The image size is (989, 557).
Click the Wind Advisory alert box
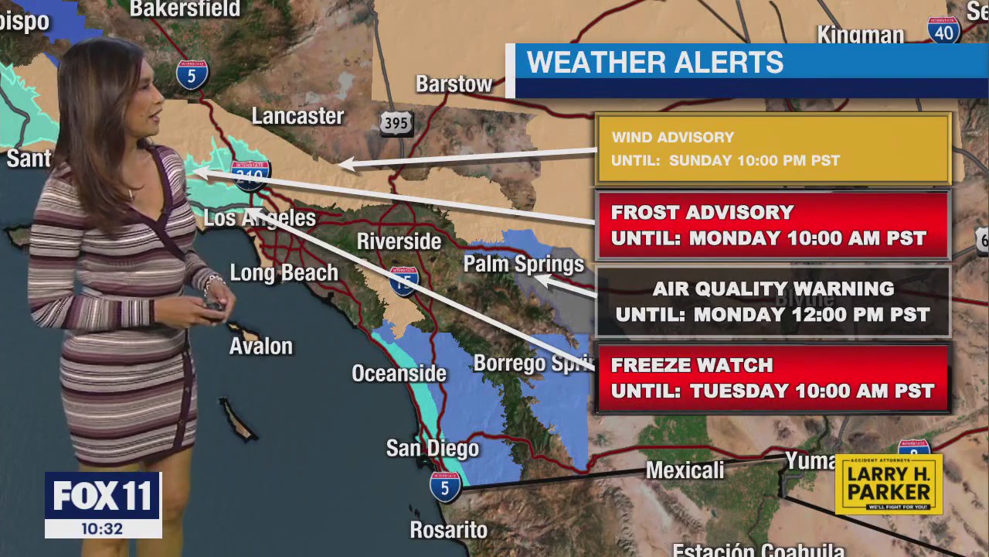click(x=773, y=149)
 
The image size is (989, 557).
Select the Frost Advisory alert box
click(x=773, y=225)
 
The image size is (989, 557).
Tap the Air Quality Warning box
click(x=773, y=302)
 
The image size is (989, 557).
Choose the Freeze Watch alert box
click(x=773, y=378)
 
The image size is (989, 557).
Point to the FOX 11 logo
click(x=103, y=496)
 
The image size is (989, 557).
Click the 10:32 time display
click(x=103, y=529)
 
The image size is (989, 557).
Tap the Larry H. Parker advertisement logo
click(x=889, y=485)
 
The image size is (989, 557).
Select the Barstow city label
click(x=454, y=84)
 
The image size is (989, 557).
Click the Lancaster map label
click(x=297, y=116)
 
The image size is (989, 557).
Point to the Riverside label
click(x=399, y=241)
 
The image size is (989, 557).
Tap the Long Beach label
click(x=284, y=273)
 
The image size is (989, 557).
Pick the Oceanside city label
click(x=399, y=374)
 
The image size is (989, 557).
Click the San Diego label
click(x=433, y=449)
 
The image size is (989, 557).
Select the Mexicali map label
click(x=685, y=470)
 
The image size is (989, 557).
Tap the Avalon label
click(x=261, y=346)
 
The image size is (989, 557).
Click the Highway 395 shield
click(x=396, y=123)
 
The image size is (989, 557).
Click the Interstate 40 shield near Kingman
click(x=943, y=29)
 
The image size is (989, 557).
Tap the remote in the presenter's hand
click(x=213, y=305)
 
